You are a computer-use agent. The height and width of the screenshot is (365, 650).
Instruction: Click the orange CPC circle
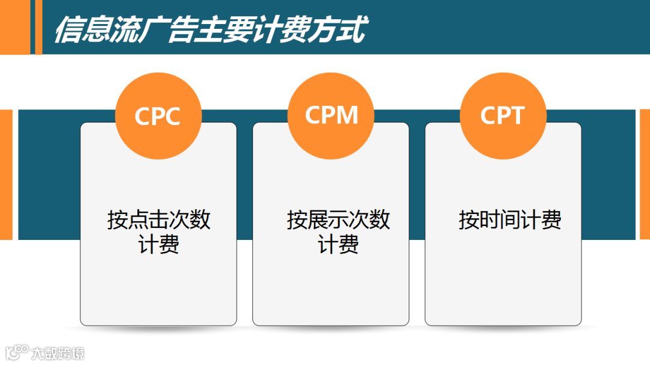(x=158, y=115)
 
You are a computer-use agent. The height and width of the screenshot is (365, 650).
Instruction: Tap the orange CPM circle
(x=331, y=115)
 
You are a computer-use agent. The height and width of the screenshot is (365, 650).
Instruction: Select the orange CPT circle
(x=503, y=115)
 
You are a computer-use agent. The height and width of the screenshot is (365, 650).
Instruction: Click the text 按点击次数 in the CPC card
(x=159, y=220)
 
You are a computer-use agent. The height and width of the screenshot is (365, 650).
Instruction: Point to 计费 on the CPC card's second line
(x=159, y=245)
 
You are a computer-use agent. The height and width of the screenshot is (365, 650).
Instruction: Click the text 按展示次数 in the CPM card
(x=338, y=220)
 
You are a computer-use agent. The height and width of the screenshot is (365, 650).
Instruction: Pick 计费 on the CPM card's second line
(x=338, y=245)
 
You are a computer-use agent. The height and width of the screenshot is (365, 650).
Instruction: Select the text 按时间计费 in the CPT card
(x=510, y=220)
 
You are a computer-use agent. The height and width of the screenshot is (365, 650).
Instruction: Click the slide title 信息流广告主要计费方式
(x=209, y=29)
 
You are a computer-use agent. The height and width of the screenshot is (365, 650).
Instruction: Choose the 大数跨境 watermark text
(x=58, y=353)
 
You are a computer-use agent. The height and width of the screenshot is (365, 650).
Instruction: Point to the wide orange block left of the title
(x=14, y=27)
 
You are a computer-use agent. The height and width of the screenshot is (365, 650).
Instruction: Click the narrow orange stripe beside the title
(x=39, y=27)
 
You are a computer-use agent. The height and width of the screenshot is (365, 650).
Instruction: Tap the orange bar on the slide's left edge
(x=6, y=174)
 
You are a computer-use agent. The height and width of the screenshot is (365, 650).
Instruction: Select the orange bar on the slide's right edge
(x=645, y=174)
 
